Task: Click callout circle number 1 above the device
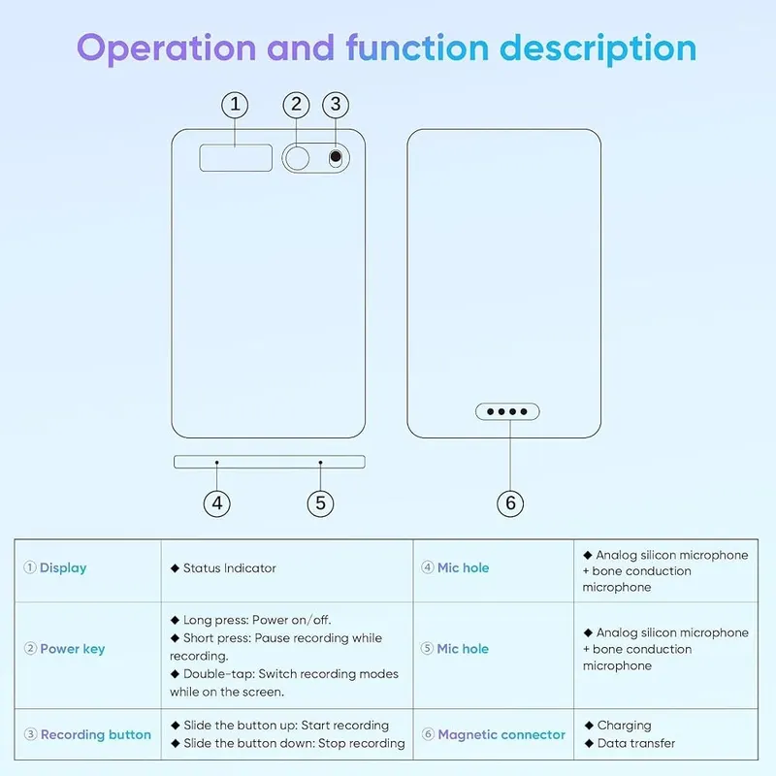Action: (235, 105)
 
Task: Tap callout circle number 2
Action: (296, 105)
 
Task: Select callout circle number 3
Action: (336, 105)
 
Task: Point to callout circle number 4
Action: (216, 503)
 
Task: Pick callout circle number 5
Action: (320, 503)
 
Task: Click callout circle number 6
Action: (510, 503)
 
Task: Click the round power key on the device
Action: (298, 158)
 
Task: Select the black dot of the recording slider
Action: (336, 157)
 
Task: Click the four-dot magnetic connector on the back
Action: (507, 411)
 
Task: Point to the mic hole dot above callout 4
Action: (216, 463)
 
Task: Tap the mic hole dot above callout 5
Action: (321, 463)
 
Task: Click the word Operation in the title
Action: (166, 48)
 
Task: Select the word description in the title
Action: (598, 48)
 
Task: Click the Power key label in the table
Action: (72, 649)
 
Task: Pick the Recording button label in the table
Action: (95, 734)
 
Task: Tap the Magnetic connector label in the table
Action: (501, 734)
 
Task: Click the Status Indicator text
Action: (230, 568)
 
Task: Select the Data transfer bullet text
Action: (636, 743)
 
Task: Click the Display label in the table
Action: (63, 568)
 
